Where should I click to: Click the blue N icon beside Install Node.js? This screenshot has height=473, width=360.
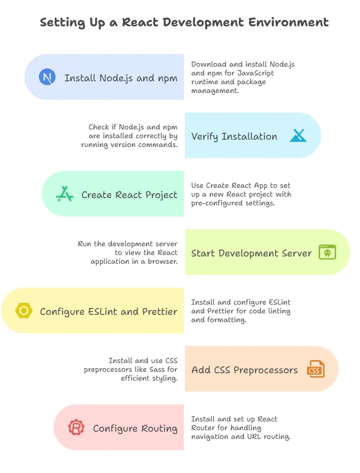coord(47,78)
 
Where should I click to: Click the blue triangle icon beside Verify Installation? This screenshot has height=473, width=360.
coord(298,136)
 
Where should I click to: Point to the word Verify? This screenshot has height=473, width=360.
coord(205,136)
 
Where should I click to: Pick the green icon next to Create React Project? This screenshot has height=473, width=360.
coord(64,194)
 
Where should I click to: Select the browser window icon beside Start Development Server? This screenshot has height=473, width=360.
coord(327,253)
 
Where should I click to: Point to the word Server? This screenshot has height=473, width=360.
coord(296,253)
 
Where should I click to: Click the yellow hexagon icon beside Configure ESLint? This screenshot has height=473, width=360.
coord(23,311)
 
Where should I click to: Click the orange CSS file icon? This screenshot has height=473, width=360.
coord(315,369)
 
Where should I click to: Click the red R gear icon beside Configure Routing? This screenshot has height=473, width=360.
coord(76,428)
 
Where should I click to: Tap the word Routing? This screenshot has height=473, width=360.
coord(159,429)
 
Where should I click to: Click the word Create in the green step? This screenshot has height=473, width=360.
coord(97,195)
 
